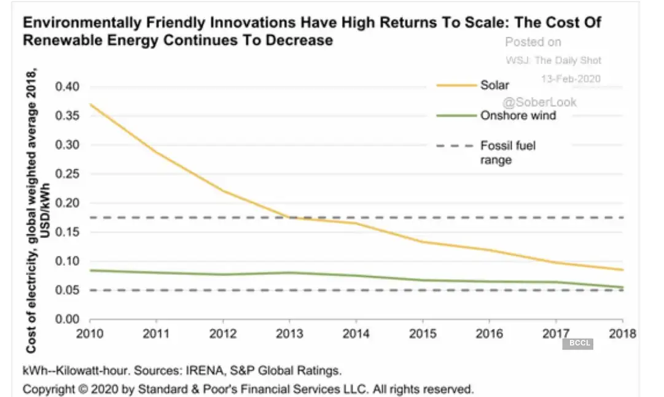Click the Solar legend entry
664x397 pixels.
click(x=494, y=85)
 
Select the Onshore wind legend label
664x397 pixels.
click(x=518, y=115)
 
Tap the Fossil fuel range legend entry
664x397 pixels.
click(x=507, y=153)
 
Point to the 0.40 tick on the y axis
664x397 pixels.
click(x=68, y=87)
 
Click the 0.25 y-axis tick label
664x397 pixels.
click(x=68, y=174)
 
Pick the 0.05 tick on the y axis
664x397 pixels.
click(x=68, y=290)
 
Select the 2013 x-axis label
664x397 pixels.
click(x=289, y=334)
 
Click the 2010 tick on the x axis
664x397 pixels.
click(x=90, y=334)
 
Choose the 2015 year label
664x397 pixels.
click(x=423, y=334)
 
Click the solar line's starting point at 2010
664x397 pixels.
click(x=90, y=104)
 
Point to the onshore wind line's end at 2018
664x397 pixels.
click(x=623, y=287)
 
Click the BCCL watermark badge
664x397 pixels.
click(x=577, y=344)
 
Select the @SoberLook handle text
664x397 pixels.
click(x=540, y=102)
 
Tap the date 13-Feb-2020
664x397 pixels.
click(x=570, y=79)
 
